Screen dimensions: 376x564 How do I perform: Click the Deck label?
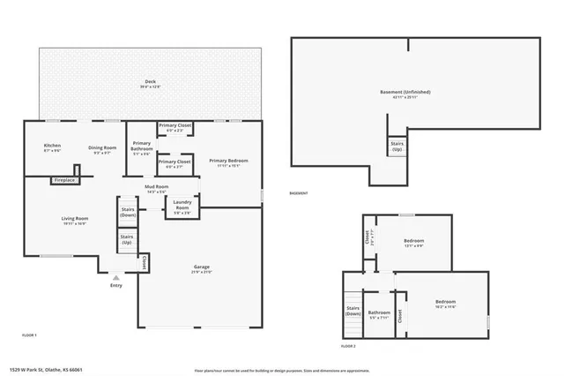tap(149, 84)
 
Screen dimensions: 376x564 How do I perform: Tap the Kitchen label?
tap(53, 147)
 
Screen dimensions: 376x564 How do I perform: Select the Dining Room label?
tap(102, 149)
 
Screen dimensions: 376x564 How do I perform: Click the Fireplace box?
tap(64, 180)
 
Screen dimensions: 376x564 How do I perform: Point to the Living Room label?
tap(73, 221)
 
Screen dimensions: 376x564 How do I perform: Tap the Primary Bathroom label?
tap(141, 147)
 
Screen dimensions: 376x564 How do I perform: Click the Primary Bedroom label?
tap(228, 162)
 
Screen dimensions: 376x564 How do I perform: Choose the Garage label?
tap(202, 268)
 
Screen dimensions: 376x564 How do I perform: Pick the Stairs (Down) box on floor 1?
tap(128, 212)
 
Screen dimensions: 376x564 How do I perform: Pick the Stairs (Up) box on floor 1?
tap(128, 239)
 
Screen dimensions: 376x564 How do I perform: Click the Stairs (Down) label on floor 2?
tap(353, 311)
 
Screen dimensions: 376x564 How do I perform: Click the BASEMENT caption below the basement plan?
tap(300, 194)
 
